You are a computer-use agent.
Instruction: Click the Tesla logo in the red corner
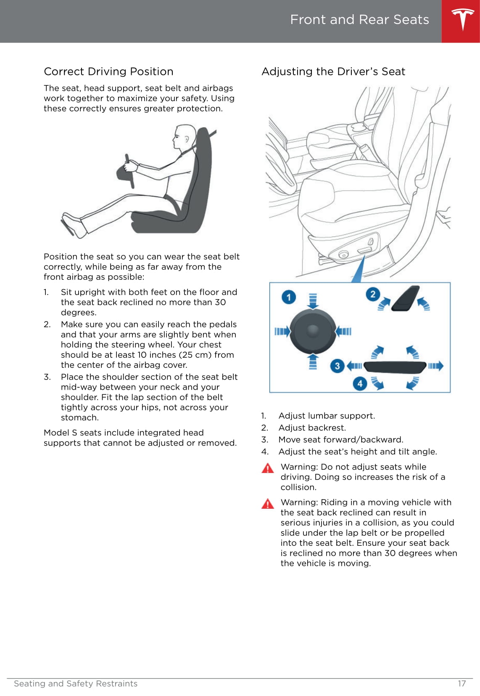(x=463, y=19)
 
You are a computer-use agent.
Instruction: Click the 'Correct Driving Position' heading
(x=108, y=72)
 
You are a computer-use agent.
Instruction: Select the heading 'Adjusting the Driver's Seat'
(x=333, y=72)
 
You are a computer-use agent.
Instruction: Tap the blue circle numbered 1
(x=289, y=297)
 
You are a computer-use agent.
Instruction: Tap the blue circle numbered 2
(x=373, y=294)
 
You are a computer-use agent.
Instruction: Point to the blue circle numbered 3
(x=337, y=366)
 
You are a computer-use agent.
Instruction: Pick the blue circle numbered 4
(x=360, y=383)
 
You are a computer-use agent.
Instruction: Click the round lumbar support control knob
(x=313, y=331)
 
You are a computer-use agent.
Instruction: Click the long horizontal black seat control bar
(x=395, y=367)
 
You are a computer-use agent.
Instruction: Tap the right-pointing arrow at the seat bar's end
(x=436, y=366)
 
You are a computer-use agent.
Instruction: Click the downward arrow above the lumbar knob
(x=313, y=301)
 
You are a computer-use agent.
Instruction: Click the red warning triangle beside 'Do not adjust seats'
(x=268, y=468)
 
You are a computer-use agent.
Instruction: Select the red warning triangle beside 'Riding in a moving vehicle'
(x=268, y=503)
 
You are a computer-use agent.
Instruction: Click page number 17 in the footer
(x=462, y=683)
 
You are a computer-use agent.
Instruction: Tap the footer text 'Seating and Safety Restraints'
(x=76, y=683)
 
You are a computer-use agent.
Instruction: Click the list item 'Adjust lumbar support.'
(x=327, y=416)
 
